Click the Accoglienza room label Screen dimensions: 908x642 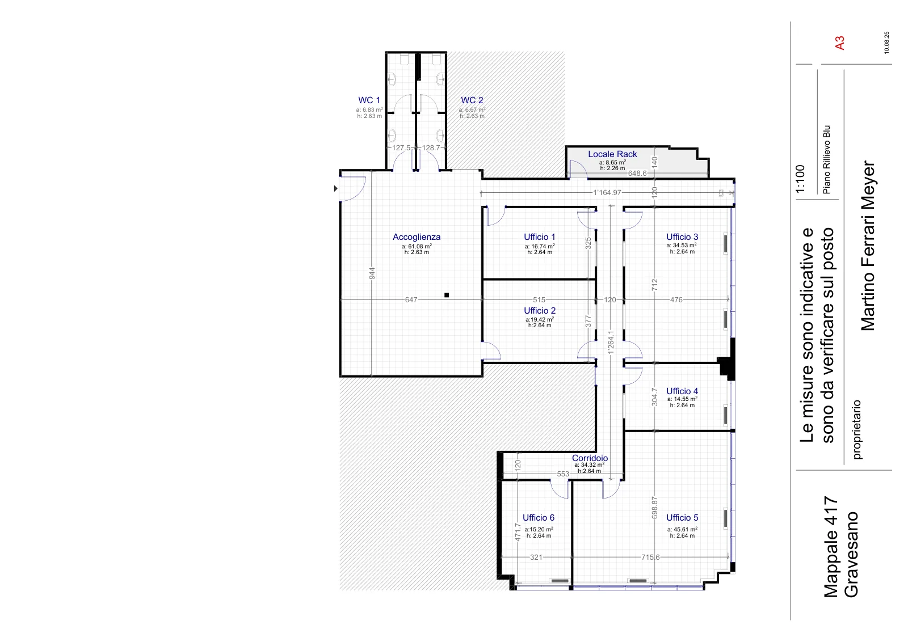click(417, 237)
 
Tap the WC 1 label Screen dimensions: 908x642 click(369, 100)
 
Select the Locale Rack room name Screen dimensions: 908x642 click(612, 154)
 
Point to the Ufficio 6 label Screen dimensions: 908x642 click(539, 518)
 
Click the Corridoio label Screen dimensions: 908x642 click(590, 458)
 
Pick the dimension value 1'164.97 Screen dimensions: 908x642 click(607, 193)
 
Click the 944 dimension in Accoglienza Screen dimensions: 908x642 click(372, 273)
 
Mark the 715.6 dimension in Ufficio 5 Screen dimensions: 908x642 click(650, 557)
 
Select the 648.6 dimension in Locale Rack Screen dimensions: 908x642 click(637, 174)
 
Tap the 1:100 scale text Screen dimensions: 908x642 click(800, 179)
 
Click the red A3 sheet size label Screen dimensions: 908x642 click(840, 43)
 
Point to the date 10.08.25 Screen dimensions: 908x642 click(886, 43)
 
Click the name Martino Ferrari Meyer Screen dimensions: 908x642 click(868, 246)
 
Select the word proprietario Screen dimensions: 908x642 click(857, 430)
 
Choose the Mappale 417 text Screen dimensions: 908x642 click(831, 547)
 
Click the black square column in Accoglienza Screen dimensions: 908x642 click(447, 295)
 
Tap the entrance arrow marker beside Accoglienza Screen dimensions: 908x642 click(335, 188)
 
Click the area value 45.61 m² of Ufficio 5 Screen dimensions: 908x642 click(682, 529)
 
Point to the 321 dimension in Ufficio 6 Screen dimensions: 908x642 click(536, 557)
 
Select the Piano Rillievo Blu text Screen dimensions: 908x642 click(827, 159)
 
